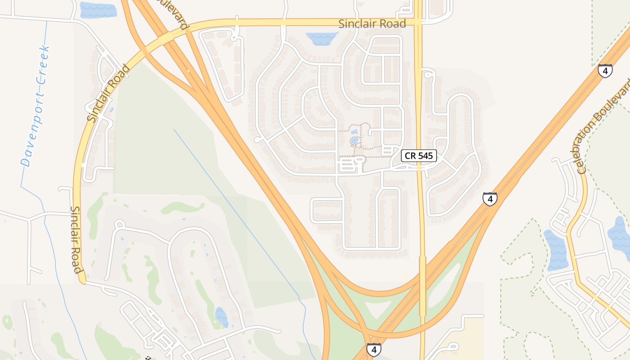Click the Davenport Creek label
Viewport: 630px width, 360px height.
(35, 106)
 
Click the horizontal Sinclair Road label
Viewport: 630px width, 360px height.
(372, 24)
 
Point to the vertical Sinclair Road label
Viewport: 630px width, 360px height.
(76, 240)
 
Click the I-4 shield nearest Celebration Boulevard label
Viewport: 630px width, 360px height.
(605, 71)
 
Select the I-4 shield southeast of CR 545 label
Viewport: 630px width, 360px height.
(490, 199)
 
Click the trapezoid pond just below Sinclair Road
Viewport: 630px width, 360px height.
(321, 38)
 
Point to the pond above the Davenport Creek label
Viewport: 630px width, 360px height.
(98, 10)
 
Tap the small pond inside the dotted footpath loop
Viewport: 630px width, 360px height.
(355, 141)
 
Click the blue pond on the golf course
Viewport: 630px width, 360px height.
(221, 316)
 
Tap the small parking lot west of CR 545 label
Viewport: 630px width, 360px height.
(351, 164)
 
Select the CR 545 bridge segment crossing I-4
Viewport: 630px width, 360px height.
(423, 286)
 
